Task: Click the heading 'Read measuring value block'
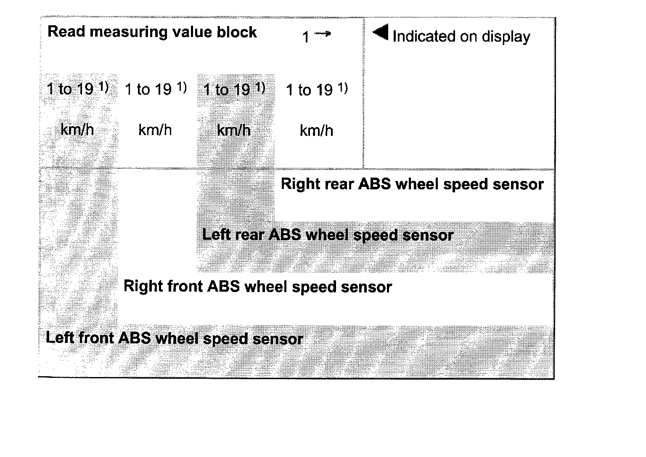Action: click(152, 32)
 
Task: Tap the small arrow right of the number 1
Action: click(323, 34)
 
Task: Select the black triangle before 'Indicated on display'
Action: click(381, 32)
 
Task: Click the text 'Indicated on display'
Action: click(461, 37)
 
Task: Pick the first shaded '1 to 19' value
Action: click(77, 89)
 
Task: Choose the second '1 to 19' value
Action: click(155, 89)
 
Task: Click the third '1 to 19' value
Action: click(234, 89)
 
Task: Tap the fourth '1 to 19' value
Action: click(316, 90)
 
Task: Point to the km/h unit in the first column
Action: click(77, 130)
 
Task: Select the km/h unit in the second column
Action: click(155, 130)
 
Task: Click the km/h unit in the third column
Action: click(234, 130)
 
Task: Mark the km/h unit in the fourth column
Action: click(316, 131)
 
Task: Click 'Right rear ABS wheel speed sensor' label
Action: click(412, 184)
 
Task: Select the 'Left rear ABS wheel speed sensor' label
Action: click(328, 235)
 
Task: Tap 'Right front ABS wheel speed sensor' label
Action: click(257, 287)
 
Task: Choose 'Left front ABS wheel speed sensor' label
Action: click(174, 338)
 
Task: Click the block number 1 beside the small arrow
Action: click(306, 37)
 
